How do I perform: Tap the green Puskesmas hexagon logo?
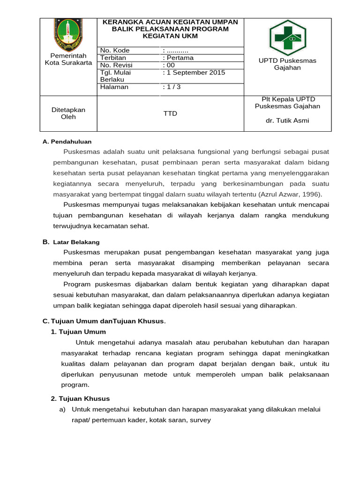(287, 37)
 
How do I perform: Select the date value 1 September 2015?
(194, 73)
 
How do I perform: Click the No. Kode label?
(114, 51)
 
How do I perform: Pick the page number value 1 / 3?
(171, 87)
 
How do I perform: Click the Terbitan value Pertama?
(178, 58)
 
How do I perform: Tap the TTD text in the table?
(170, 113)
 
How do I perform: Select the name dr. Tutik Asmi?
(287, 120)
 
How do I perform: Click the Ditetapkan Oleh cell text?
(68, 113)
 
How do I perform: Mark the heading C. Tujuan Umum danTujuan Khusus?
(104, 321)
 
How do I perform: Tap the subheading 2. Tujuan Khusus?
(80, 398)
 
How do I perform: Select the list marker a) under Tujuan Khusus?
(62, 409)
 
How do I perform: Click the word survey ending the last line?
(200, 420)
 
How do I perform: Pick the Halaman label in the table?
(114, 87)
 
